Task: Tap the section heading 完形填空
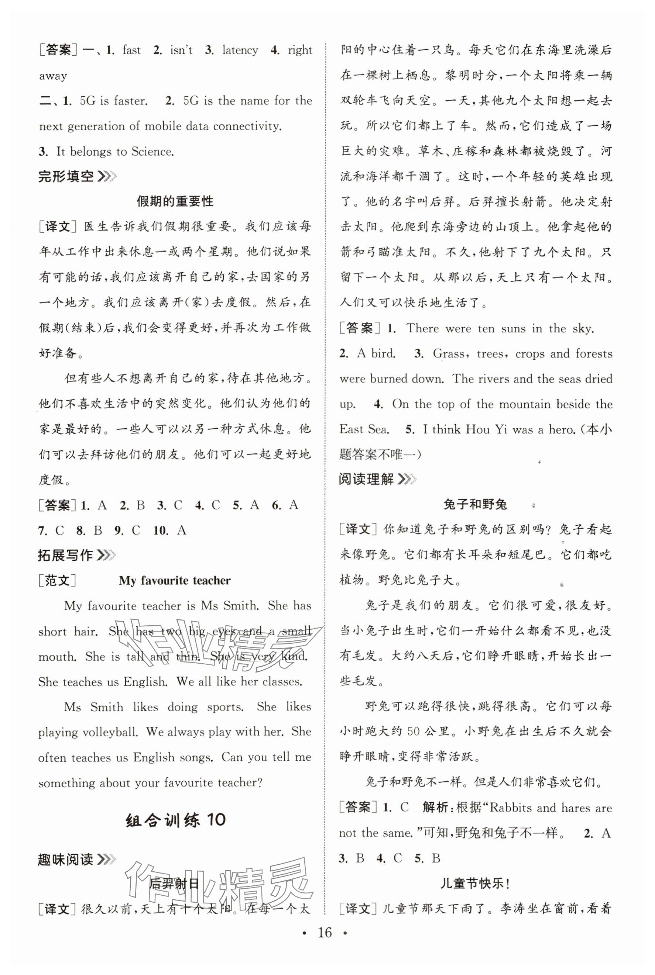(x=66, y=177)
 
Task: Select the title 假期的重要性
(x=175, y=201)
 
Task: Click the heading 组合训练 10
(x=175, y=820)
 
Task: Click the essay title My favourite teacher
(x=175, y=581)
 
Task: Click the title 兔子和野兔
(x=475, y=505)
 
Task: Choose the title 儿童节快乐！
(x=475, y=884)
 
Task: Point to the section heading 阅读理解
(x=366, y=479)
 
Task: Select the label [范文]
(x=57, y=581)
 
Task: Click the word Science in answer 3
(x=152, y=152)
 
